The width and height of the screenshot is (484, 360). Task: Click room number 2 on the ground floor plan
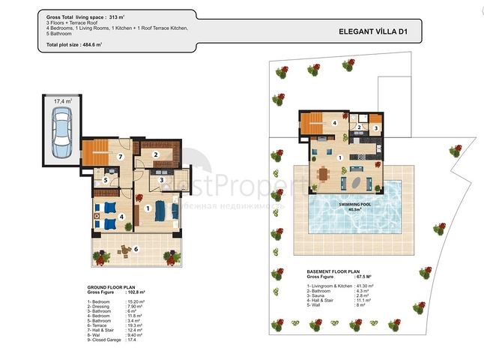tap(156, 155)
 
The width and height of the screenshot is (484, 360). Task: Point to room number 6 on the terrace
tap(136, 248)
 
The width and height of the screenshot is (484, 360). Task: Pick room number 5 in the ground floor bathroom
tap(106, 181)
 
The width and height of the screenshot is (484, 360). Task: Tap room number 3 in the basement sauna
tap(375, 128)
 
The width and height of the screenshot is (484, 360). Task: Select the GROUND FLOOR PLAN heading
tap(112, 286)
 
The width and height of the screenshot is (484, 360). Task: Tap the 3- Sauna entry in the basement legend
tap(323, 297)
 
